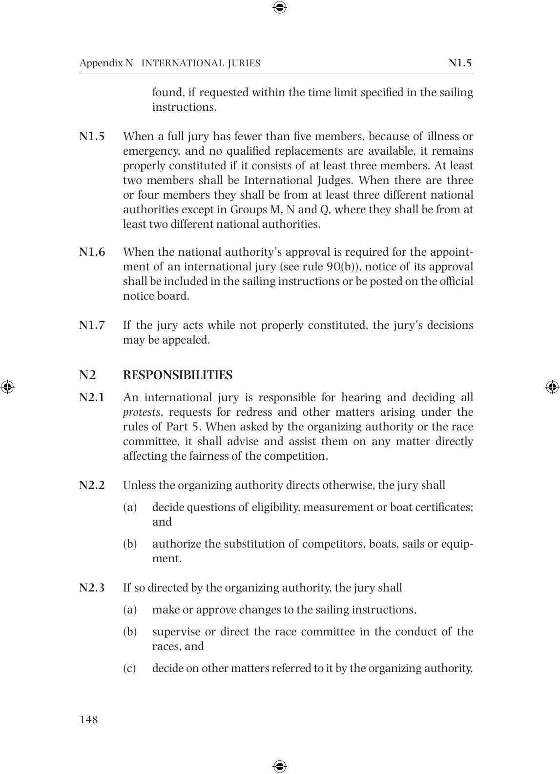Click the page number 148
point(88,720)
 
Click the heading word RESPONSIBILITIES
point(177,375)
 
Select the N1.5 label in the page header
point(460,63)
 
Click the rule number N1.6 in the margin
point(92,252)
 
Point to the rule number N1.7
point(92,326)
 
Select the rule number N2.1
point(92,398)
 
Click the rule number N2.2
point(92,486)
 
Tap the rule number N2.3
point(92,588)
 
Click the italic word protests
point(141,412)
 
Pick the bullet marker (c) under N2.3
point(129,668)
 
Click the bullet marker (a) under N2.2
point(129,508)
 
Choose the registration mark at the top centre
point(280,7)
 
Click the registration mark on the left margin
point(7,387)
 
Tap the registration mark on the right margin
point(552,387)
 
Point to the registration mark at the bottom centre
point(280,766)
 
